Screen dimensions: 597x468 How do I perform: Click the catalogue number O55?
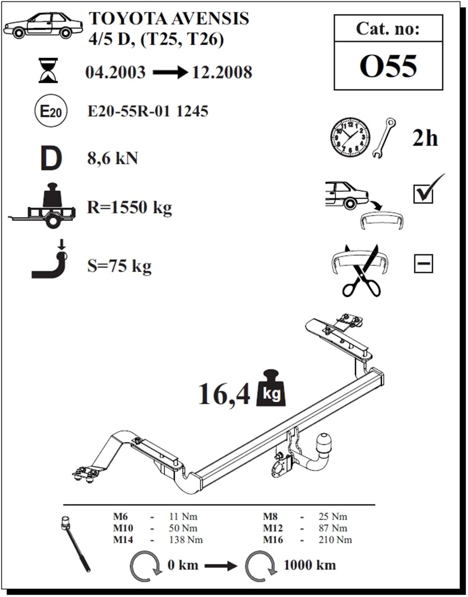pos(388,66)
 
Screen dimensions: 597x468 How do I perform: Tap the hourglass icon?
pos(48,71)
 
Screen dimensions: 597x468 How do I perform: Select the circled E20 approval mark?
pos(51,112)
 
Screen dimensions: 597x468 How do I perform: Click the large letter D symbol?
pos(51,159)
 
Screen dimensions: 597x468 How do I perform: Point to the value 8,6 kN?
pos(112,159)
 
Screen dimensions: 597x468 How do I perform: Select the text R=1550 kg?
pos(130,206)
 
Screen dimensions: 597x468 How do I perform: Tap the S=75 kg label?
pos(119,266)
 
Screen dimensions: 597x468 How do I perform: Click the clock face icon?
pos(350,137)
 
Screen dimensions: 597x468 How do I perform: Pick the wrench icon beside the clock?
pos(384,137)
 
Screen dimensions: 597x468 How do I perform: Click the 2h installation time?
pos(424,139)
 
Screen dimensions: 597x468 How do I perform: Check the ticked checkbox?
pos(424,193)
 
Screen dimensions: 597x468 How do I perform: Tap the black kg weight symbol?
pos(271,388)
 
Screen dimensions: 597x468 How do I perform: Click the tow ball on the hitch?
pos(325,442)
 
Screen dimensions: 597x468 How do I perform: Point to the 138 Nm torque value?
pos(186,539)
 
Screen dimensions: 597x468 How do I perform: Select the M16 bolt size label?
pos(273,539)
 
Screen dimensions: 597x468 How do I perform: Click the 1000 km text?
pos(309,565)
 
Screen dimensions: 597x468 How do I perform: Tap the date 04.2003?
pos(116,73)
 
